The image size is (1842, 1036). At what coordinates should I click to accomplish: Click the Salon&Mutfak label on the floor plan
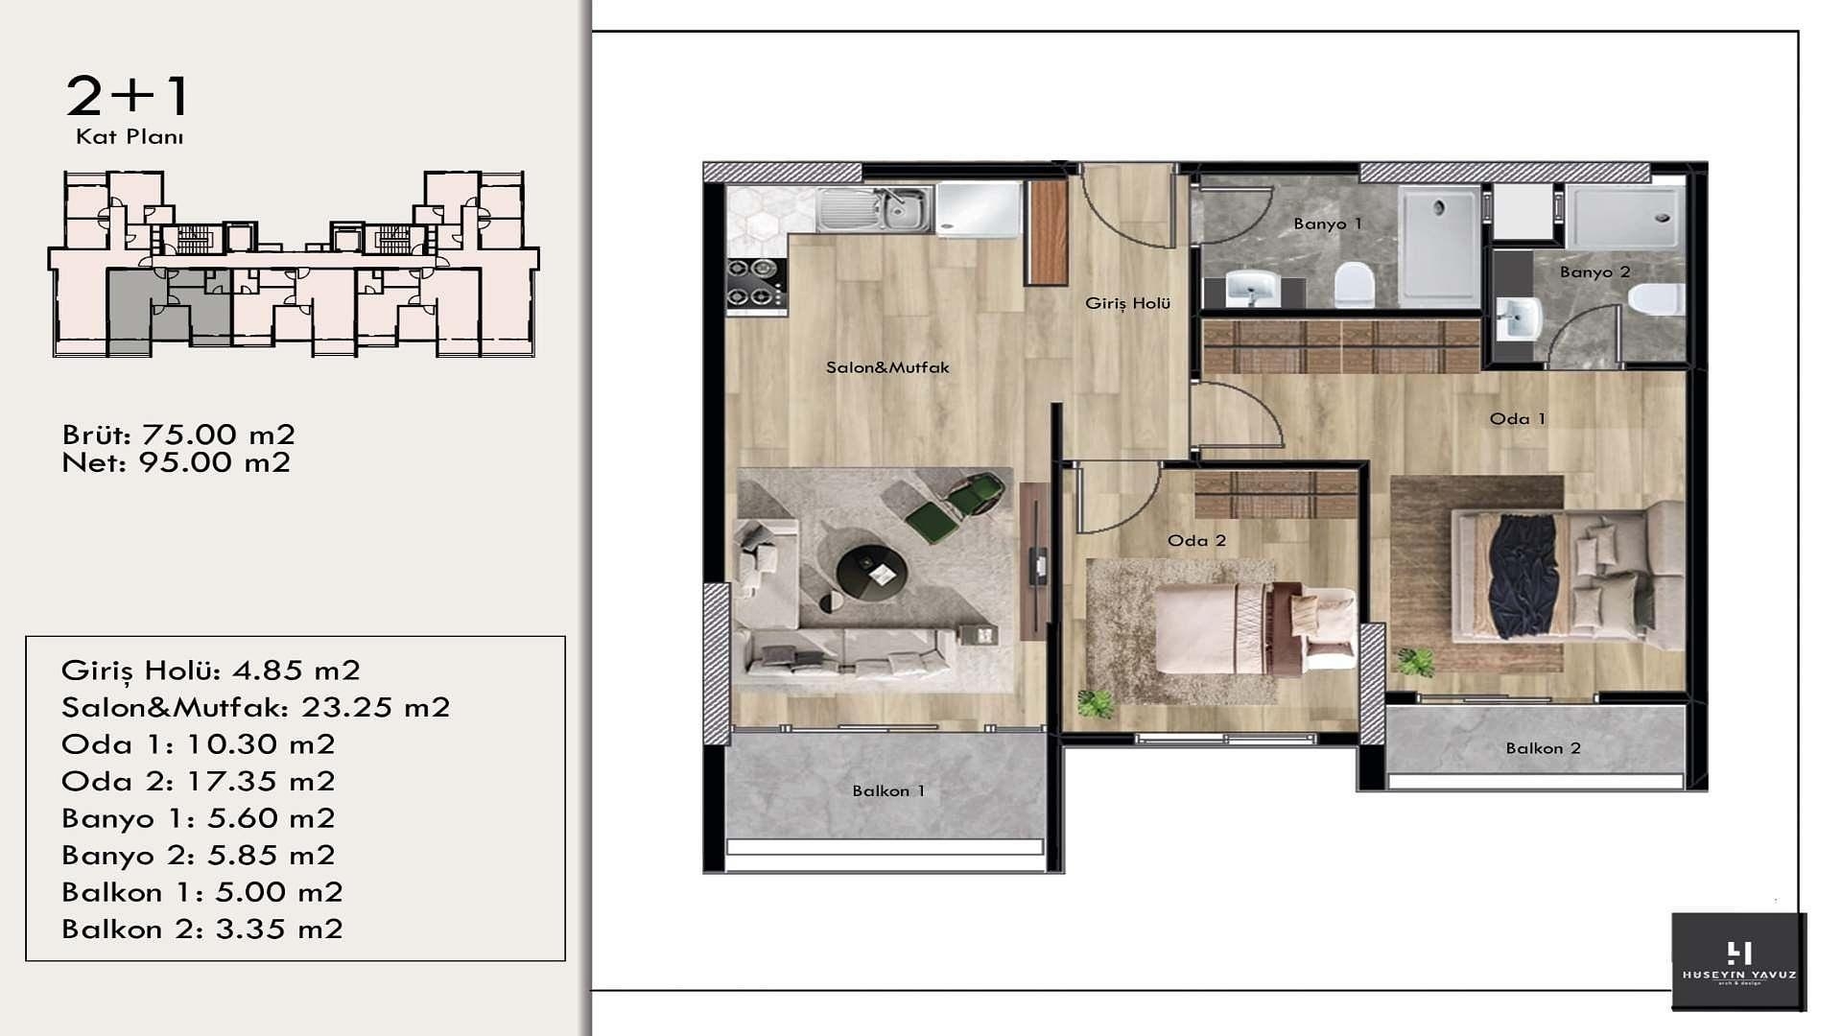point(887,367)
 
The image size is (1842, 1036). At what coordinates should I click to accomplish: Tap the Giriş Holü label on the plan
point(1128,303)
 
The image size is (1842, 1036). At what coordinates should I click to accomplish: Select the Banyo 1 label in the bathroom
point(1328,224)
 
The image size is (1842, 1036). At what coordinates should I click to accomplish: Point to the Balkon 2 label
point(1544,748)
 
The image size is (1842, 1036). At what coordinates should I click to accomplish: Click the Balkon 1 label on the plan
point(889,790)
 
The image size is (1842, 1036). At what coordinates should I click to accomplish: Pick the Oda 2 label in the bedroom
point(1197,540)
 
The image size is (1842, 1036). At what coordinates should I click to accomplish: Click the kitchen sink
point(874,209)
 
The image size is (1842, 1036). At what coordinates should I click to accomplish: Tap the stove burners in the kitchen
point(756,283)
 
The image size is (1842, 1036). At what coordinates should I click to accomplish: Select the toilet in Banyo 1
point(1355,284)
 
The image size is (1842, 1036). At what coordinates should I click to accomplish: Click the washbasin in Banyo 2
point(1520,318)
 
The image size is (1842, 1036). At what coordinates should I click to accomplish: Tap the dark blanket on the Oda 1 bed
point(1522,576)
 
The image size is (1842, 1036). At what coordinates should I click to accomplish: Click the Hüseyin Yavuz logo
point(1739,961)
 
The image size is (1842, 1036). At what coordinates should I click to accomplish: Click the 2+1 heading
point(129,95)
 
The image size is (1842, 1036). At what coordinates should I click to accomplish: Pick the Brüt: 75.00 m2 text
point(178,435)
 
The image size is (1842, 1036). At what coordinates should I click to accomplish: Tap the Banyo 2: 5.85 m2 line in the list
point(199,855)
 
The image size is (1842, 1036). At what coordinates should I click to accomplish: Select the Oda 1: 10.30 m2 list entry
point(199,743)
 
